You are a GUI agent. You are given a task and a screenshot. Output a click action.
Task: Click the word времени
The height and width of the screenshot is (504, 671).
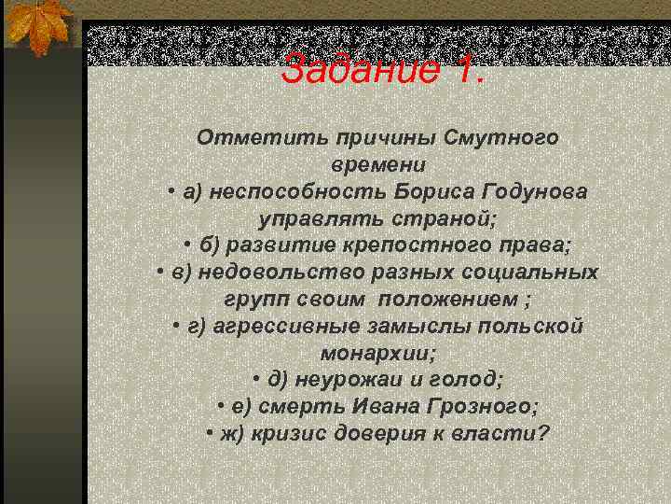point(377,164)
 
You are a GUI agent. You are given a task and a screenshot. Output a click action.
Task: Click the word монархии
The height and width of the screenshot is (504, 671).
point(377,354)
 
